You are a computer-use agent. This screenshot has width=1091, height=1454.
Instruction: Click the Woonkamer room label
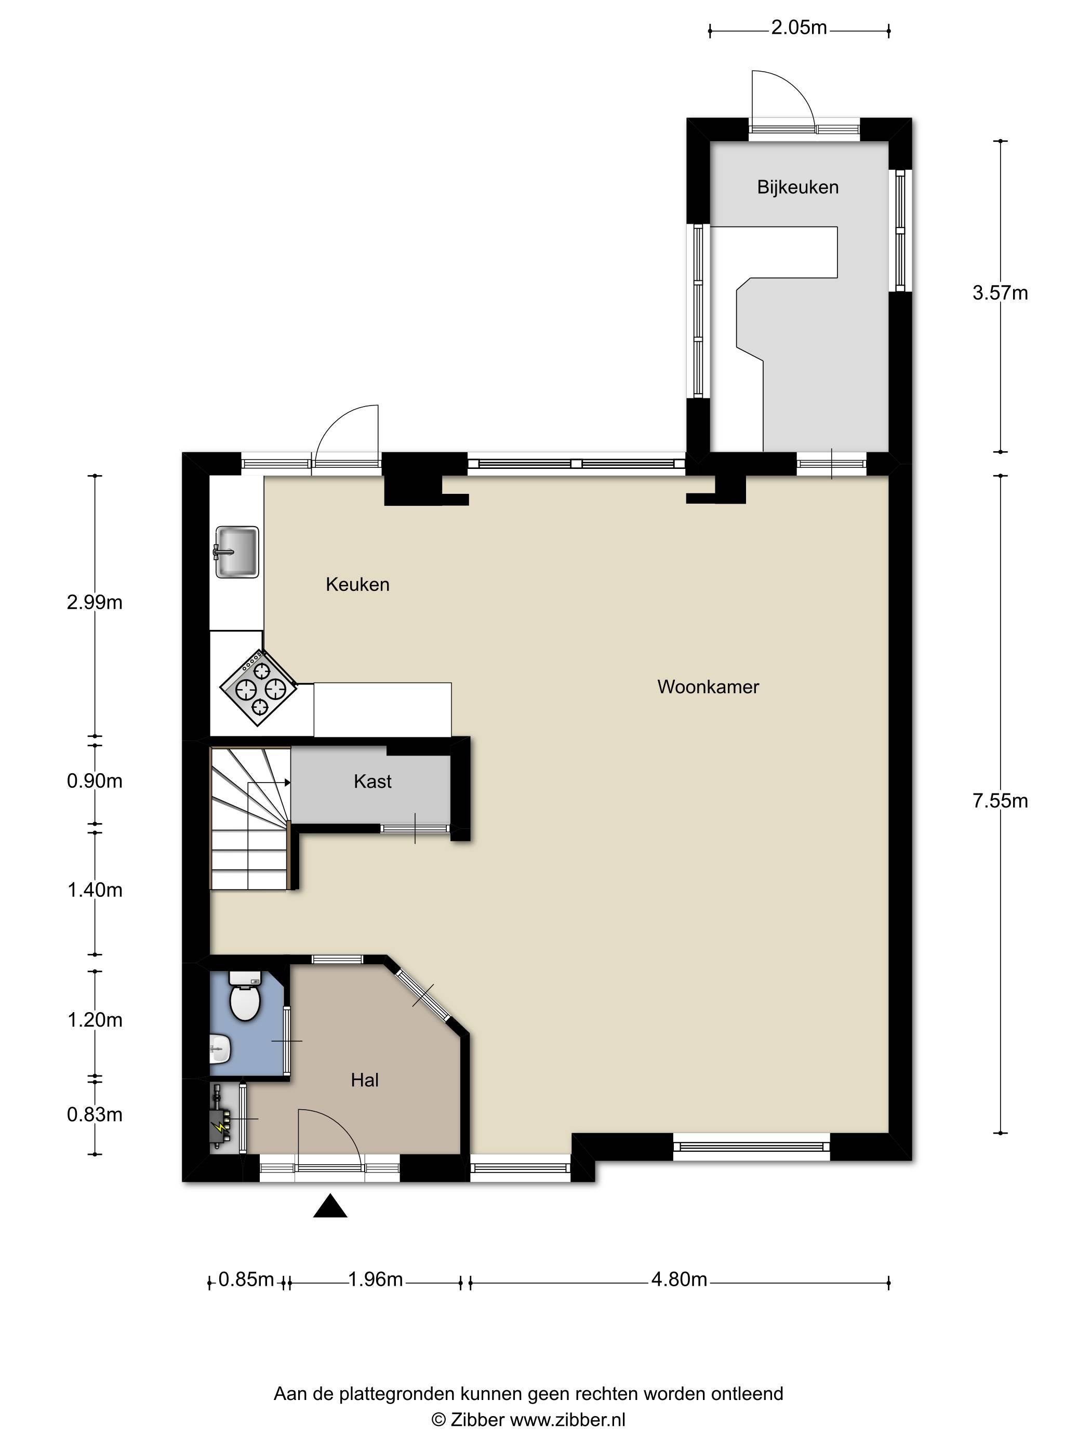(x=708, y=687)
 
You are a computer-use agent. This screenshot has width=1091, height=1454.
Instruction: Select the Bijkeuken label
(x=797, y=187)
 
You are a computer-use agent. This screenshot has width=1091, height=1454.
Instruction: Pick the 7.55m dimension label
(x=1000, y=801)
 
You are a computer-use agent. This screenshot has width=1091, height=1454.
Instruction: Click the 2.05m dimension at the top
(x=799, y=28)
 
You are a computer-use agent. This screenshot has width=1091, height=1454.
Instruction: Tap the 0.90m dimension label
(x=95, y=781)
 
